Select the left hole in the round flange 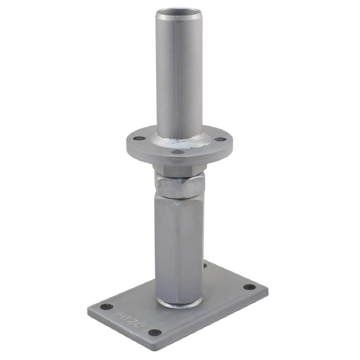(139, 138)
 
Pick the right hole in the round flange (219, 139)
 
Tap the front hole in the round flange (178, 152)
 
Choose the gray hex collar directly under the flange (180, 170)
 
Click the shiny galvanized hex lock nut (180, 186)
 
